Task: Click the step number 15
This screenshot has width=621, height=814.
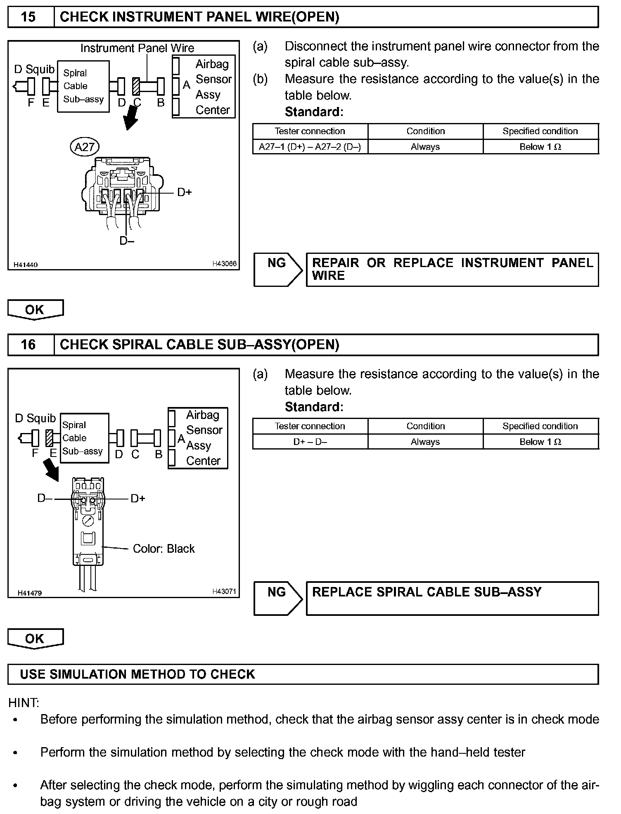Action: click(28, 17)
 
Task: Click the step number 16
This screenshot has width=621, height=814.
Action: click(28, 345)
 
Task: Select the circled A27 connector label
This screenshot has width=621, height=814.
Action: click(85, 147)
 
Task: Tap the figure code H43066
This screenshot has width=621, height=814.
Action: click(225, 264)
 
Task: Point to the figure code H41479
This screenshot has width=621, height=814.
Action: click(30, 593)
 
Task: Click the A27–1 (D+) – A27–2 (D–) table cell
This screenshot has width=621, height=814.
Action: click(310, 147)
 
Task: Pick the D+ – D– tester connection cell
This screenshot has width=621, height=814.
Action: click(310, 442)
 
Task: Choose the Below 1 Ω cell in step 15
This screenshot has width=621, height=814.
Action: click(540, 147)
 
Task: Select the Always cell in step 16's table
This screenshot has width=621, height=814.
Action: click(425, 442)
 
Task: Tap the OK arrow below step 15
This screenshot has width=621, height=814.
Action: click(36, 310)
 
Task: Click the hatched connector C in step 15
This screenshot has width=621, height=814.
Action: click(136, 87)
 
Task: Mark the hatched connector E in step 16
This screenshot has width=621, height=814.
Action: click(50, 438)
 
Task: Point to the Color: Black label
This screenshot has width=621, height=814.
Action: click(164, 549)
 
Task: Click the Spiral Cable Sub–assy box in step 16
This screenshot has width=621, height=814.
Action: click(84, 438)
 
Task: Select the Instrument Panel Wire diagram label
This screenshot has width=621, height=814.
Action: click(137, 48)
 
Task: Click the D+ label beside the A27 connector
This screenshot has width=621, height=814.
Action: click(185, 192)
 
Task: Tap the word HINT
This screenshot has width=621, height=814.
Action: click(24, 703)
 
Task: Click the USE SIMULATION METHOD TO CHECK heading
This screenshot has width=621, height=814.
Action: click(137, 674)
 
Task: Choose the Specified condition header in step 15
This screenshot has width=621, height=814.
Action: click(540, 131)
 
